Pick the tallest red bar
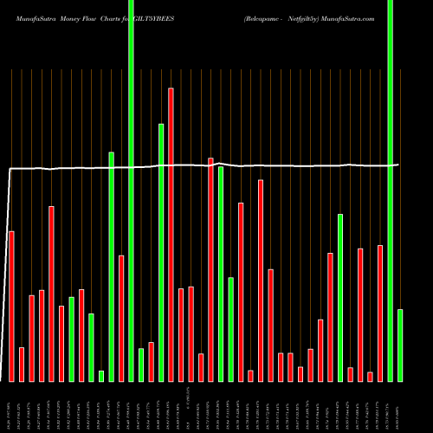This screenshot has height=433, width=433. (171, 234)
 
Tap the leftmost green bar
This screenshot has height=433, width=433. (72, 339)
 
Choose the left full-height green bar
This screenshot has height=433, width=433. (131, 191)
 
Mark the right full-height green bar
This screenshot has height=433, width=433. (390, 191)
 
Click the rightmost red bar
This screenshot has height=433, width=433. (380, 313)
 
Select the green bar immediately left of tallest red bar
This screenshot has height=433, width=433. (161, 252)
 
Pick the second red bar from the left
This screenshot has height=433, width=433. (22, 364)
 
